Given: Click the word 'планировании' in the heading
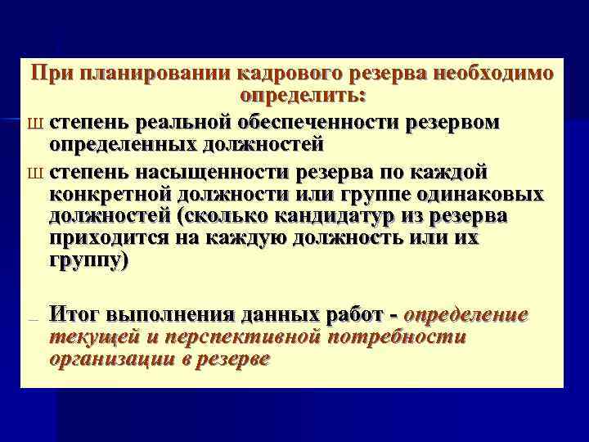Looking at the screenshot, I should pos(146,74).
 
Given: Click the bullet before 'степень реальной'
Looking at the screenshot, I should pos(35,124).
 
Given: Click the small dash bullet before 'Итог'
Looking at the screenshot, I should pos(34,318).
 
